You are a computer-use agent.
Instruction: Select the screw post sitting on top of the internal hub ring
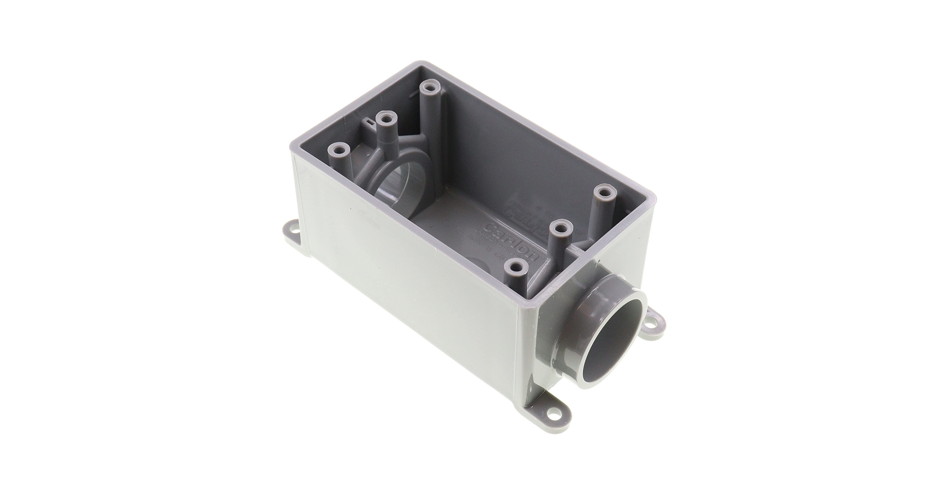tap(384, 120)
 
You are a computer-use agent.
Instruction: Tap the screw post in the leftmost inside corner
tap(341, 149)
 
